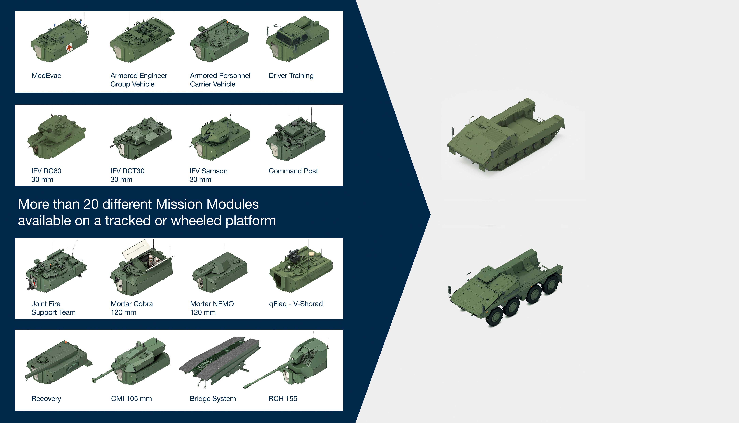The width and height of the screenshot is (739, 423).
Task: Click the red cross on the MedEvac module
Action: click(x=69, y=48)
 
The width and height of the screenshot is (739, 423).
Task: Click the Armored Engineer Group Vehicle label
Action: click(x=139, y=80)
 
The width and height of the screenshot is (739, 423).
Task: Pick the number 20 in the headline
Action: click(x=91, y=204)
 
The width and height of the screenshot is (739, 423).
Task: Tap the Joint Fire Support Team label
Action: click(x=53, y=308)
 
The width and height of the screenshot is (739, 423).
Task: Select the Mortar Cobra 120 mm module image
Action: click(x=142, y=270)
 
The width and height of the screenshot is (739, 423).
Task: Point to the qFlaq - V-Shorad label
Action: click(x=296, y=304)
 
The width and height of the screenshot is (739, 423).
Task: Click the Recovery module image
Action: click(x=58, y=363)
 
